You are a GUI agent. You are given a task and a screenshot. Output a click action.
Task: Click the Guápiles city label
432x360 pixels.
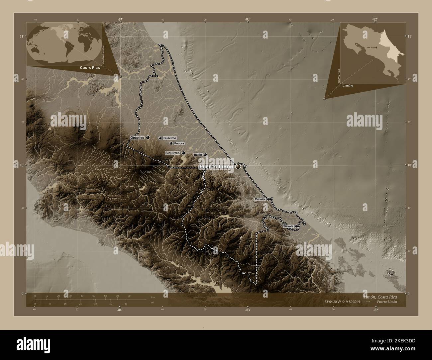[137, 137]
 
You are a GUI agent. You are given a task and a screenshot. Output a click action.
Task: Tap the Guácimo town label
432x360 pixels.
[170, 138]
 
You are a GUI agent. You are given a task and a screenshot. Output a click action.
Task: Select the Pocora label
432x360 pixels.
[179, 143]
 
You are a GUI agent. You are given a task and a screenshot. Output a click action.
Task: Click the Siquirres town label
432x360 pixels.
[172, 153]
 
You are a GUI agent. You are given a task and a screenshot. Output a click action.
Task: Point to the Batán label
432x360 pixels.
[198, 155]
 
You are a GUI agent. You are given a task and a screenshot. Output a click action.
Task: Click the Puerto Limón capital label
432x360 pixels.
[216, 167]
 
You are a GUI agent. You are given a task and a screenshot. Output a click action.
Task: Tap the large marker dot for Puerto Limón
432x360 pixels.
[238, 167]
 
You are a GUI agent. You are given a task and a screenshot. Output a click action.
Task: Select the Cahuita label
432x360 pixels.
[260, 199]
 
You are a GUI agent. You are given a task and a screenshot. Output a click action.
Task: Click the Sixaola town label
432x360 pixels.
[288, 226]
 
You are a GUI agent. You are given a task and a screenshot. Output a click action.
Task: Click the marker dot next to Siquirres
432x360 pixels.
[183, 153]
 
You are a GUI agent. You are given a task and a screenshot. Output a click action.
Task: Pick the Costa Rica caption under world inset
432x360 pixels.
[89, 67]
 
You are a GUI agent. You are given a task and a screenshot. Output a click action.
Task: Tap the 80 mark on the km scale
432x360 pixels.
[129, 296]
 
